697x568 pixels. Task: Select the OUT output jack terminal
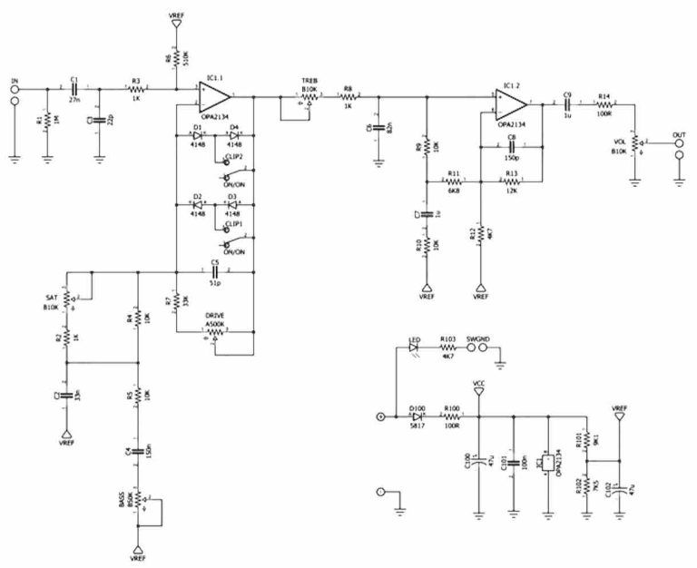[x=679, y=152]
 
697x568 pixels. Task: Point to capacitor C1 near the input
[x=74, y=89]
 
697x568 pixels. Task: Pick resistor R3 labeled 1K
[x=137, y=89]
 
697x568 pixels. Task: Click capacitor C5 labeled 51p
[x=215, y=271]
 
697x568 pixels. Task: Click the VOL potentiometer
[x=634, y=144]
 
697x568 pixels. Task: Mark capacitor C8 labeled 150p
[x=512, y=145]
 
